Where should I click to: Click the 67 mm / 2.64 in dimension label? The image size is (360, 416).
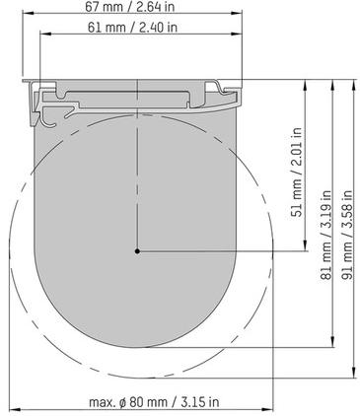[x=129, y=7]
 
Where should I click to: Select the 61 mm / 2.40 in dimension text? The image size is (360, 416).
[x=132, y=28]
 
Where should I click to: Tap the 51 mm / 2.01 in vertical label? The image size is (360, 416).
[x=297, y=172]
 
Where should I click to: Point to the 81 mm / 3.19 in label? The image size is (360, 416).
[x=325, y=235]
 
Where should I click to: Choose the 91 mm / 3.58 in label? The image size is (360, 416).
[x=347, y=235]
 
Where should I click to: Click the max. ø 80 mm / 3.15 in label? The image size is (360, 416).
[x=154, y=402]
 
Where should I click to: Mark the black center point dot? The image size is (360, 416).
[x=137, y=251]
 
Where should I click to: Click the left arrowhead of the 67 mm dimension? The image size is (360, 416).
[x=28, y=13]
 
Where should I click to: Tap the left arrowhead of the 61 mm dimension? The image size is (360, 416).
[x=45, y=34]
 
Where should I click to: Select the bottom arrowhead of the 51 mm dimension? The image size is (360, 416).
[x=306, y=245]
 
